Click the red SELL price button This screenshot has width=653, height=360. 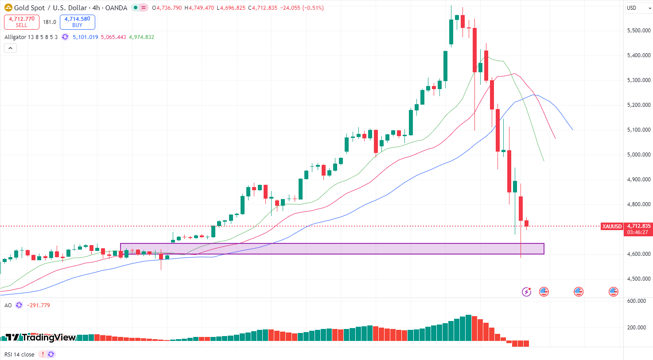click(22, 22)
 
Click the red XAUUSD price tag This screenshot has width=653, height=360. click(612, 226)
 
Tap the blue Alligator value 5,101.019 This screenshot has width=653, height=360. click(86, 37)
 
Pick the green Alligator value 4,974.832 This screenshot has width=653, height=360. click(141, 37)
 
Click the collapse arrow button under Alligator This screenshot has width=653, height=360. click(11, 48)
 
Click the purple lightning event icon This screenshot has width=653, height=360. click(526, 291)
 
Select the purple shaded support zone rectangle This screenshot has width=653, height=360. click(332, 249)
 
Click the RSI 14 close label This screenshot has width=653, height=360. click(19, 354)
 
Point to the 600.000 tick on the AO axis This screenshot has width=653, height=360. click(636, 301)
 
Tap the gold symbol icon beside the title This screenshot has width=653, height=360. click(8, 8)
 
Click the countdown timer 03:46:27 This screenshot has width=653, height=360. click(638, 232)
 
